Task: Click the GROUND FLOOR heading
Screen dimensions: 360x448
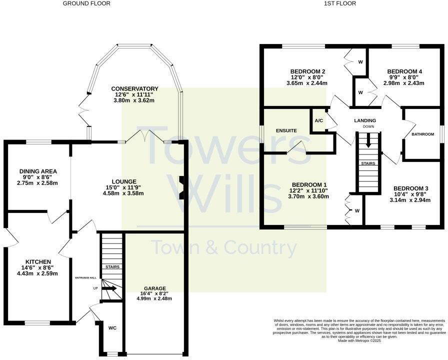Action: point(86,3)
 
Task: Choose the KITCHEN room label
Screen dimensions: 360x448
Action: point(38,261)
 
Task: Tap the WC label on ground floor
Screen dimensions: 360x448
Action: point(112,328)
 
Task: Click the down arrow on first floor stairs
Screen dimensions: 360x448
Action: point(368,141)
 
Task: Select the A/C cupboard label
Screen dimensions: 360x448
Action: point(318,120)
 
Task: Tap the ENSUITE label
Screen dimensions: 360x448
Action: point(286,130)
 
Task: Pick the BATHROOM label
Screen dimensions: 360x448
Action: point(422,134)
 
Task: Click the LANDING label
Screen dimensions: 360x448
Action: point(365,120)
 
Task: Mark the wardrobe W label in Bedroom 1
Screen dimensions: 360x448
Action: point(357,210)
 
